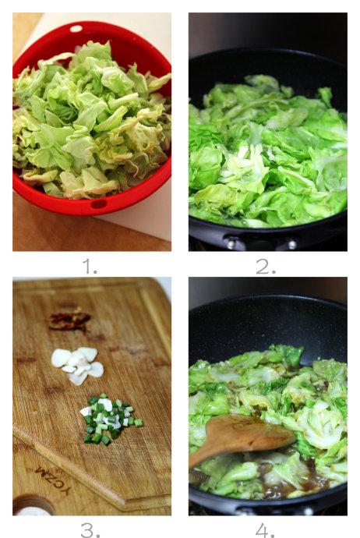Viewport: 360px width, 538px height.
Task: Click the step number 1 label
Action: point(90,266)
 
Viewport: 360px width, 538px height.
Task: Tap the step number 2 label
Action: point(266,266)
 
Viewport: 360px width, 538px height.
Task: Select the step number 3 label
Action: point(90,530)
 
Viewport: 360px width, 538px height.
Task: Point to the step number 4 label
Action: point(265,530)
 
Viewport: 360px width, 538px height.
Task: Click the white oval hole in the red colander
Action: point(76,29)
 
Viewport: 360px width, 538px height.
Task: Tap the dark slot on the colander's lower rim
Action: point(99,204)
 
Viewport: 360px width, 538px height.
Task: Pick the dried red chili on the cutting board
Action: point(69,320)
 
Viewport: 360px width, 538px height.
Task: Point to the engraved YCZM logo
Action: point(52,480)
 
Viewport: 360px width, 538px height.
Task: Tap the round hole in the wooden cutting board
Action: point(33,505)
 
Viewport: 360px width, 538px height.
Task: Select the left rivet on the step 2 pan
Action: point(232,244)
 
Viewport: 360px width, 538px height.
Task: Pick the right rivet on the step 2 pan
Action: point(291,245)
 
